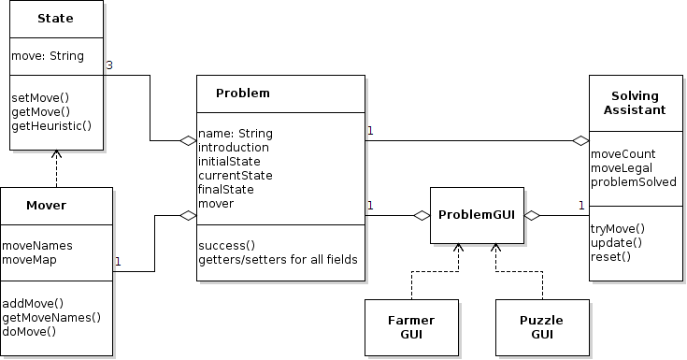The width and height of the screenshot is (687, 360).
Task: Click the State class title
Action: pos(56,18)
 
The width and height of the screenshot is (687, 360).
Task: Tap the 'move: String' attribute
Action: pos(47,56)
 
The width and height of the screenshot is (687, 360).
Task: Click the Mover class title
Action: pos(46,205)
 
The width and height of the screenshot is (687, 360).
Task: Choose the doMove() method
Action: pos(30,331)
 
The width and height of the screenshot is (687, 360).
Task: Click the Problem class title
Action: pos(242,93)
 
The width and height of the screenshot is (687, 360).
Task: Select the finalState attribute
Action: pos(226,189)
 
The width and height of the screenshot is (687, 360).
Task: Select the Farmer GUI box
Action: pos(411,326)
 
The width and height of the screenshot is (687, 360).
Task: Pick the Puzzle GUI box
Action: pos(542,326)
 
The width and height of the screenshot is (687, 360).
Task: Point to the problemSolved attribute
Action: pos(634,181)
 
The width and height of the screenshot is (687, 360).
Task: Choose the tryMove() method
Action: pos(618,228)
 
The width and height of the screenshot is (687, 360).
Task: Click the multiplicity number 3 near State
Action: pos(109,65)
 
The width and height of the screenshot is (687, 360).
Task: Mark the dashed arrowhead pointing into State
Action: pos(56,154)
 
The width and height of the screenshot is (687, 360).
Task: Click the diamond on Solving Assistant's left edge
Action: pos(580,140)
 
